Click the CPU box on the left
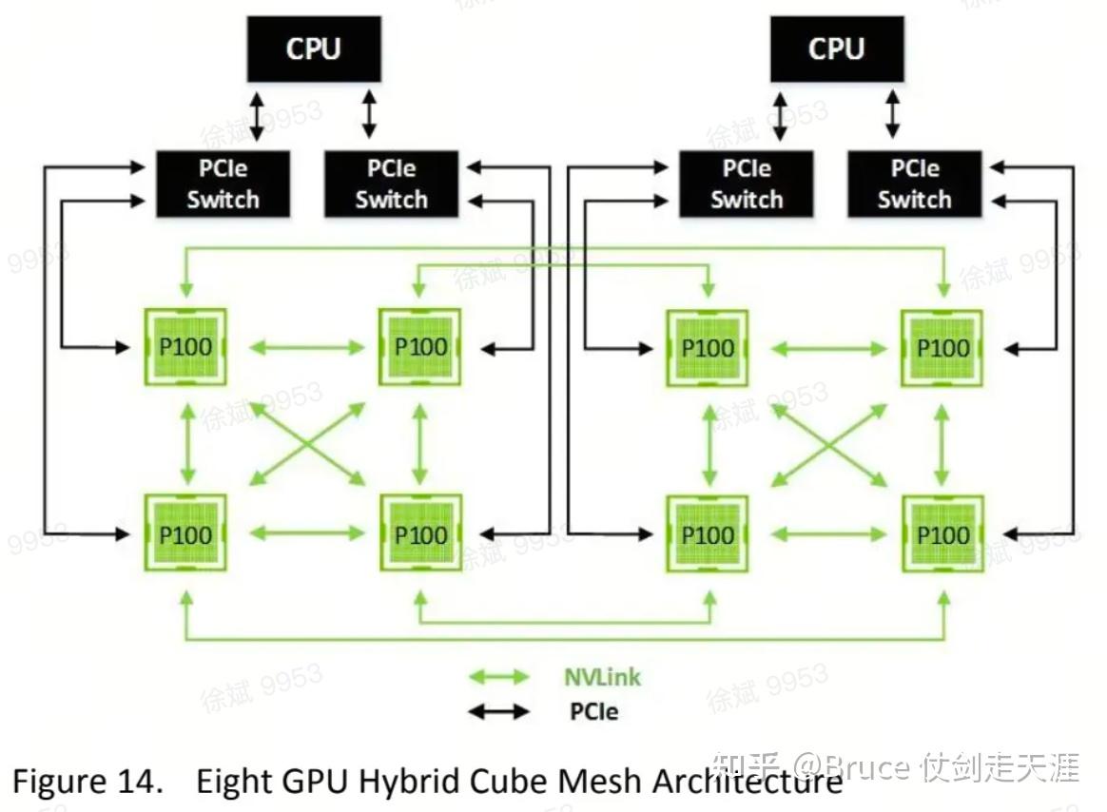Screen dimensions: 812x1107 (314, 48)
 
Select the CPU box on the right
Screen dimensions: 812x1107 (836, 48)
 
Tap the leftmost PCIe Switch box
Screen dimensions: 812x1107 (223, 184)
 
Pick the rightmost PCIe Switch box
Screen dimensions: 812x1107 (914, 184)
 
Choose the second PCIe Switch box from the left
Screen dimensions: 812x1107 (391, 184)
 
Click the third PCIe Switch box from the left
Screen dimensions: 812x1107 (746, 184)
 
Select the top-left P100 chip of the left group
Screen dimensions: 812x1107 (185, 347)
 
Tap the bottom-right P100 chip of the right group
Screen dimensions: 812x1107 (942, 533)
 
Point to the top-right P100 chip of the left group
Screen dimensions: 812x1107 (420, 347)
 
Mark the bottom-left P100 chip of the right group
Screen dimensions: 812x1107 (708, 533)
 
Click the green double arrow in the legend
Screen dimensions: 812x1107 (499, 677)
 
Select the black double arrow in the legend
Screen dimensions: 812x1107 (499, 710)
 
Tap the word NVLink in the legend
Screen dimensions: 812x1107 (602, 677)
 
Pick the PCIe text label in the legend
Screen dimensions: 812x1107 (593, 710)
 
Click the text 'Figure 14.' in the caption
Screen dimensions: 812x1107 (85, 782)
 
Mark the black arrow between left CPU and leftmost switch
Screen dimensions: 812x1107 (254, 115)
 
